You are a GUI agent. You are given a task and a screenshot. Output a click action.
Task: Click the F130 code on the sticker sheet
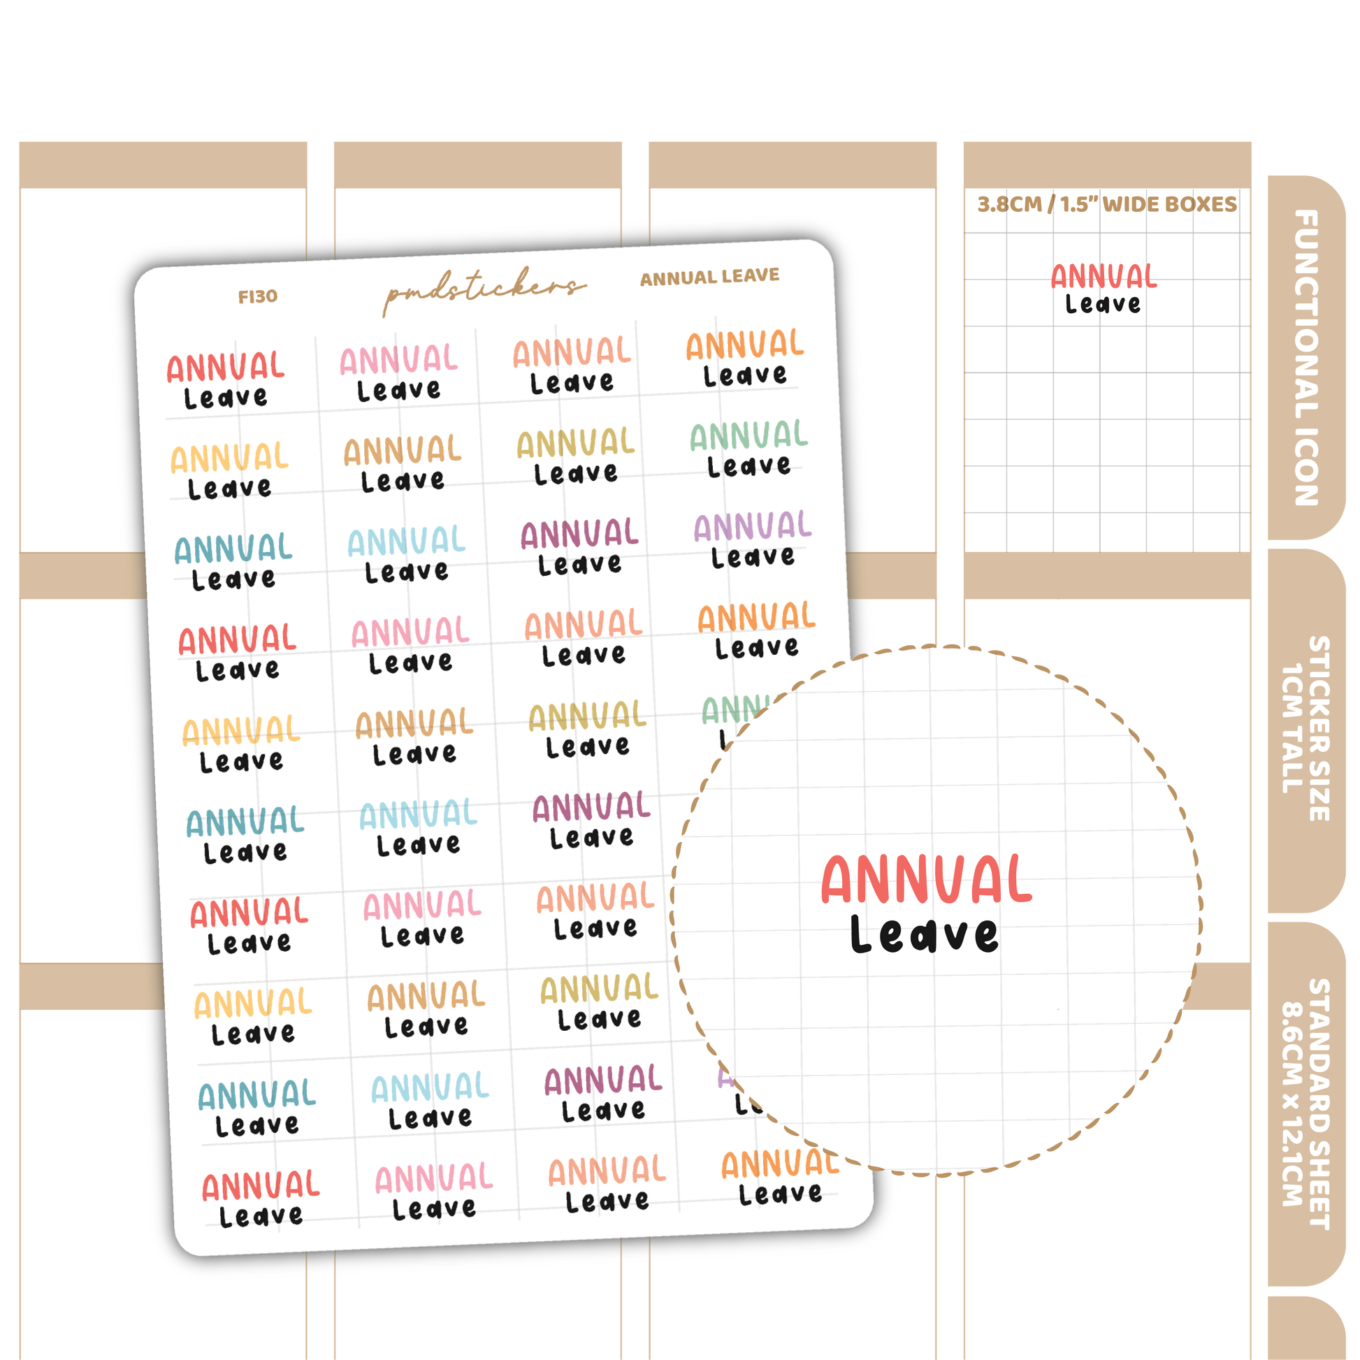[x=258, y=296]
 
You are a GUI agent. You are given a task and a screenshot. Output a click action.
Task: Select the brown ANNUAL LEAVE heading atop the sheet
[x=709, y=277]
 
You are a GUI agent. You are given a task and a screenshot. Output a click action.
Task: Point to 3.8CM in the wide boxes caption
[x=1009, y=204]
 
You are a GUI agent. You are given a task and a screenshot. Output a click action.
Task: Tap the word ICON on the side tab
[x=1306, y=468]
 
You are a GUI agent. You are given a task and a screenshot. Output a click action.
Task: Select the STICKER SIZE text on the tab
[x=1319, y=728]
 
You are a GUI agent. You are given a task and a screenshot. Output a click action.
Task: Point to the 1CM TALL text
[x=1292, y=728]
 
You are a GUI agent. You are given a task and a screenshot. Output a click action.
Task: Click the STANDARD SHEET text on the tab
[x=1319, y=1104]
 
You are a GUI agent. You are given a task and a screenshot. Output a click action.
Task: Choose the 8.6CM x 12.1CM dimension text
[x=1292, y=1104]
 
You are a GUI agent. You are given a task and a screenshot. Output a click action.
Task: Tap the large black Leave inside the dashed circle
[x=925, y=934]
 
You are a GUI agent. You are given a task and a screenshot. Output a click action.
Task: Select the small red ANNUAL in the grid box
[x=1104, y=276]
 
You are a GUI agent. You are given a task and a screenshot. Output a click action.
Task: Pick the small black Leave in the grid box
[x=1103, y=303]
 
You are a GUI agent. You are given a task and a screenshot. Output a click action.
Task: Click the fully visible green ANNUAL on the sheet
[x=749, y=435]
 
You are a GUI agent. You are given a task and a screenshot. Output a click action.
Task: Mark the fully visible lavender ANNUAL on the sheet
[x=753, y=526]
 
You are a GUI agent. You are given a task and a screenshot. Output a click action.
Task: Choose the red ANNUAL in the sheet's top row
[x=226, y=368]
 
